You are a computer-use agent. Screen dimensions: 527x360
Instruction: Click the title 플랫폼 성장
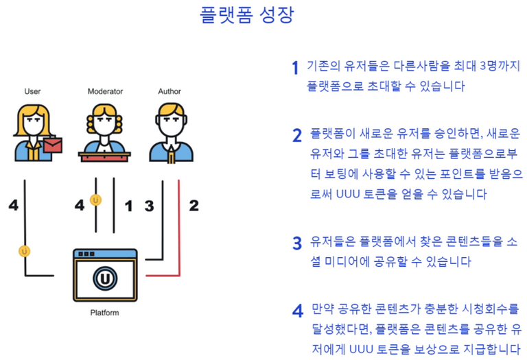pyautogui.click(x=247, y=14)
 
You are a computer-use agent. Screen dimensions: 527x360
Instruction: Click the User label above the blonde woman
pyautogui.click(x=32, y=91)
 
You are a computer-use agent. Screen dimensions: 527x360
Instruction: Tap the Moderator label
pyautogui.click(x=105, y=91)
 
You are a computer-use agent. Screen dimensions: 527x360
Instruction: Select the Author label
pyautogui.click(x=169, y=91)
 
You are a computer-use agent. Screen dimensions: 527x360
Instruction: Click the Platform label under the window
pyautogui.click(x=104, y=313)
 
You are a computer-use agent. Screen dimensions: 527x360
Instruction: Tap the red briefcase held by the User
pyautogui.click(x=53, y=145)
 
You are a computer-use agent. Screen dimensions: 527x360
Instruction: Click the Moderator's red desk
pyautogui.click(x=104, y=157)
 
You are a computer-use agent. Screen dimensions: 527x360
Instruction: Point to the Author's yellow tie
pyautogui.click(x=171, y=155)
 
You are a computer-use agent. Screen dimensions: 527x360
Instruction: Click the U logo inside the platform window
pyautogui.click(x=105, y=278)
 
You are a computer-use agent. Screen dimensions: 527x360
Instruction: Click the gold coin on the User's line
pyautogui.click(x=25, y=251)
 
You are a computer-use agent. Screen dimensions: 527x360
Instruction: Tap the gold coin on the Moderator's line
pyautogui.click(x=96, y=200)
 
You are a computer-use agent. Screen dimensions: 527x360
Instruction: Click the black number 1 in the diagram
pyautogui.click(x=128, y=206)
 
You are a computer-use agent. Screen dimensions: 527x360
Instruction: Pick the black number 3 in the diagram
pyautogui.click(x=149, y=206)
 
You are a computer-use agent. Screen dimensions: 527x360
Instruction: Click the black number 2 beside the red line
pyautogui.click(x=194, y=205)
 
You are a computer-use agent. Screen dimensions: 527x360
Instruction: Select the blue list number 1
pyautogui.click(x=295, y=67)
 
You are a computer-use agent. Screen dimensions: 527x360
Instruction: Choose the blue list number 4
pyautogui.click(x=298, y=311)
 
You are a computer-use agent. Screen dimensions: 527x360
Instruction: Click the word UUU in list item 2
pyautogui.click(x=348, y=194)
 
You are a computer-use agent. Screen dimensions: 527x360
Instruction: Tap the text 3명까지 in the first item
pyautogui.click(x=500, y=65)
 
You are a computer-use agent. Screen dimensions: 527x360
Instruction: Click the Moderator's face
pyautogui.click(x=104, y=123)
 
